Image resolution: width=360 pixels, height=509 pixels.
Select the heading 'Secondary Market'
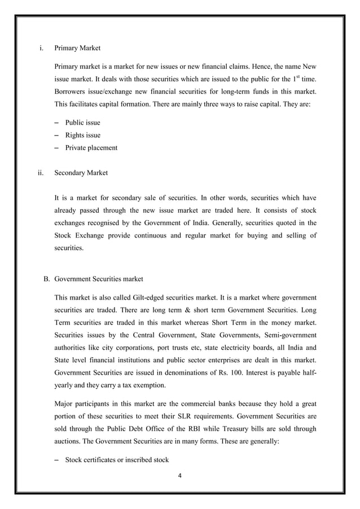[81, 173]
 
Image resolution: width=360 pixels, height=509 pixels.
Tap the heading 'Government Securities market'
[99, 279]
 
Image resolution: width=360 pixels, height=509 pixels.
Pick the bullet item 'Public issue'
[82, 122]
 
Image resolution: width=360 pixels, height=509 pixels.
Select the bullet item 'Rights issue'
[82, 135]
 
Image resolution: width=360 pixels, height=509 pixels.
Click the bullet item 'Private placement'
[91, 148]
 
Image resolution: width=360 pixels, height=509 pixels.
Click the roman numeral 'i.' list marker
[42, 49]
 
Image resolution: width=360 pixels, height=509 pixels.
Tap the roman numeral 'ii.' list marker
[41, 173]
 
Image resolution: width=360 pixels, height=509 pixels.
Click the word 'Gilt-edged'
[150, 297]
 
